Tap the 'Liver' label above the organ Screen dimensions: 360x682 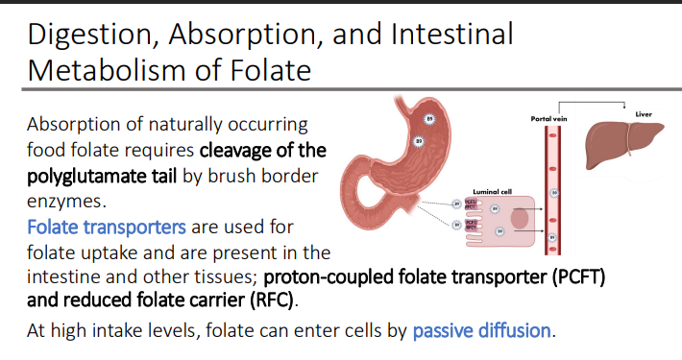point(644,114)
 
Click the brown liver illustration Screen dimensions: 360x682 point(624,143)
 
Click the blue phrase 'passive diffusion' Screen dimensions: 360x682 point(482,331)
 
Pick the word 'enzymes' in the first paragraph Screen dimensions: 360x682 point(61,203)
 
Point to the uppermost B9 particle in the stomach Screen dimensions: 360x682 point(429,120)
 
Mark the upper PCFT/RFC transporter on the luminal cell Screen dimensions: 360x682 point(472,204)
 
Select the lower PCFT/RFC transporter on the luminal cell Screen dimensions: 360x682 point(472,226)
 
